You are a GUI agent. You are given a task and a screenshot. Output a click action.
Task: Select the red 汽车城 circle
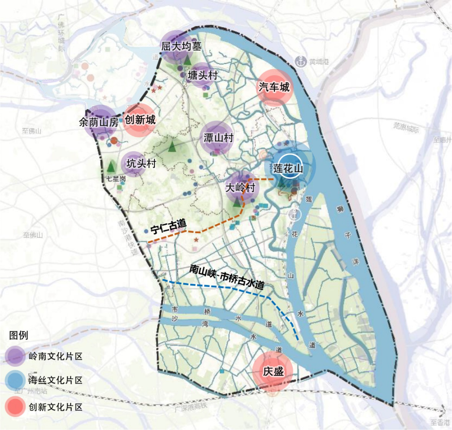coord(274,88)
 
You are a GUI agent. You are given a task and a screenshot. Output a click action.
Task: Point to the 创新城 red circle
coord(140,120)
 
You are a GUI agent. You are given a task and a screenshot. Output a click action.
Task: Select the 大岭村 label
coord(240,188)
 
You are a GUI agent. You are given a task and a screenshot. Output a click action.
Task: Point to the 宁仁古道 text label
coord(168,227)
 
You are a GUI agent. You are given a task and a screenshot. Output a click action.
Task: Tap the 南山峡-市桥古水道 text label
coord(226,277)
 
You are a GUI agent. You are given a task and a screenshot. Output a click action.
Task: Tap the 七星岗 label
coord(116,179)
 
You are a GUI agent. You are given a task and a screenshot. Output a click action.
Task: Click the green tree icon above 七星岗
coord(111,166)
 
